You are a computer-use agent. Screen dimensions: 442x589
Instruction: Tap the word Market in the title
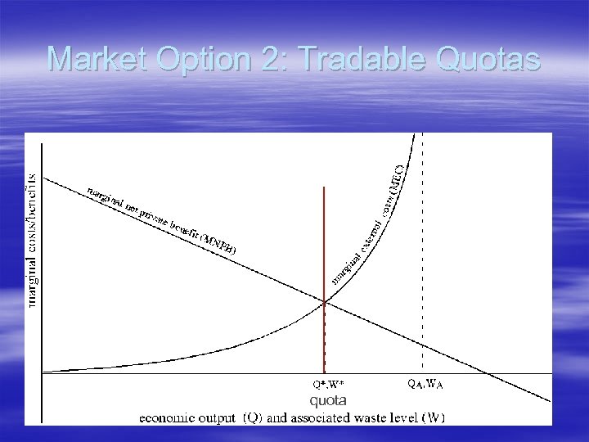coord(97,59)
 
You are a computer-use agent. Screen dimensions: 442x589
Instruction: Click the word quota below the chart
coord(327,400)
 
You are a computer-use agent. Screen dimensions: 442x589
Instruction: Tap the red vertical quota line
coord(325,246)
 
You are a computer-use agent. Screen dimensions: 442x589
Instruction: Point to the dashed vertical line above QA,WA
coord(422,246)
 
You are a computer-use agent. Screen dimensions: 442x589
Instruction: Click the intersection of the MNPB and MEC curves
coord(325,302)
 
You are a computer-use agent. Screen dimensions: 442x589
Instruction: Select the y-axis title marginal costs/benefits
coord(33,239)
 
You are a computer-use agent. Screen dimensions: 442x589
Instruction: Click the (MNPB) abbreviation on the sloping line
coord(218,242)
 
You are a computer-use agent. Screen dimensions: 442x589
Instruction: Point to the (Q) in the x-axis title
coord(253,417)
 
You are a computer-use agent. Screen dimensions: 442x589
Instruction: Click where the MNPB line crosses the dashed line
coord(422,345)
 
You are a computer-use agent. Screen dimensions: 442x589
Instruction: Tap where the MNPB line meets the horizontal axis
coord(488,374)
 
